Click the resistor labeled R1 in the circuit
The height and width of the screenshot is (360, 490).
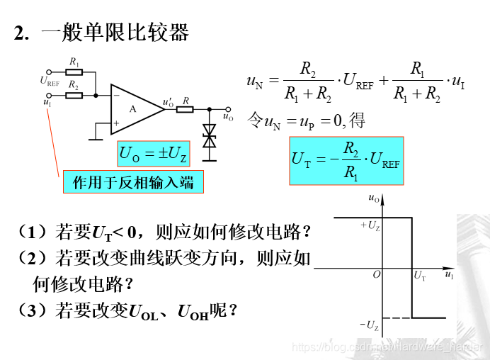tap(75, 72)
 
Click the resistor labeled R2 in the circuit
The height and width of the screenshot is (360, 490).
tap(75, 94)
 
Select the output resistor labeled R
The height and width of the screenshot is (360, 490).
tap(186, 109)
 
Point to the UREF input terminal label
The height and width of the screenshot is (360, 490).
tap(50, 81)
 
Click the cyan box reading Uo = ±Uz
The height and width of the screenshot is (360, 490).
tap(153, 152)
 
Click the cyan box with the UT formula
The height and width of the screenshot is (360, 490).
tap(346, 161)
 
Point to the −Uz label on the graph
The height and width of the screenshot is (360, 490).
tap(369, 325)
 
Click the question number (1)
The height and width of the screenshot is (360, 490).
tap(33, 232)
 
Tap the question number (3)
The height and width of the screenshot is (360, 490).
tap(33, 310)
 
